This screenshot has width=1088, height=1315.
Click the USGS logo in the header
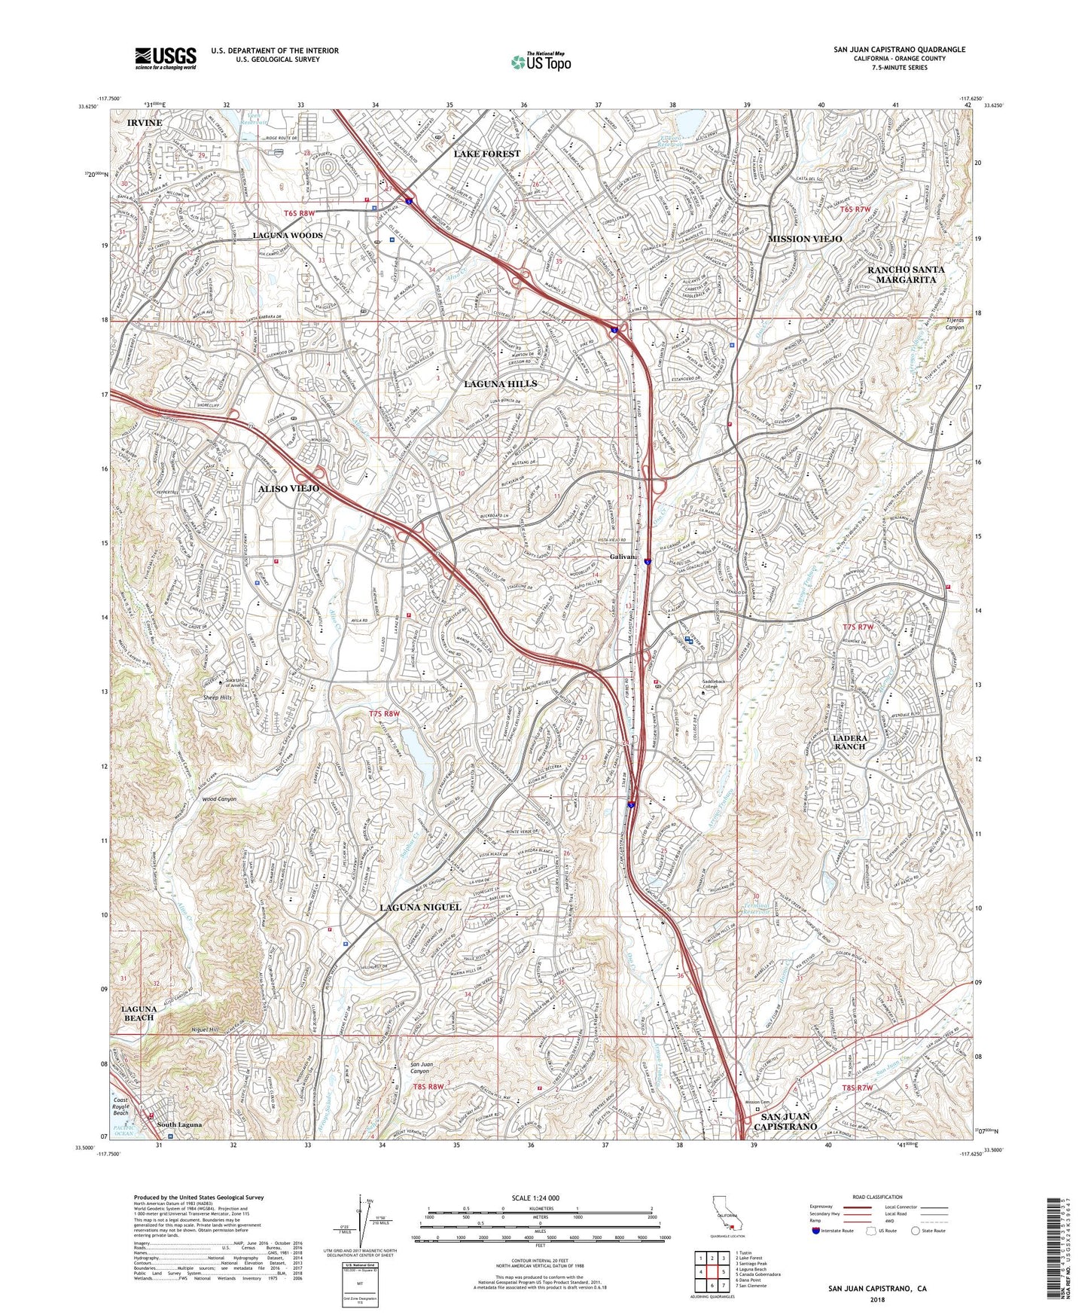click(x=165, y=58)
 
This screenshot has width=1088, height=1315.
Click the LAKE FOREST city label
click(x=486, y=154)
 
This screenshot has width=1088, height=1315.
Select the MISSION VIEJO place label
click(x=804, y=239)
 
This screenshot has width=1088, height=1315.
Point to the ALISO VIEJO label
click(x=289, y=489)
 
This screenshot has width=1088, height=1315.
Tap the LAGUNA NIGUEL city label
click(x=419, y=908)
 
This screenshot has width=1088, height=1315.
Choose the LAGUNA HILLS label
click(x=500, y=384)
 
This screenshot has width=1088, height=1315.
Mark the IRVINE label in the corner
click(x=144, y=122)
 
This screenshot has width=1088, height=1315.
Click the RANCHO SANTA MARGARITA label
click(x=906, y=274)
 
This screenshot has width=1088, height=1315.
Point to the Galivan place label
click(x=623, y=557)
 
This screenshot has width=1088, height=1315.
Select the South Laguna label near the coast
click(x=179, y=1125)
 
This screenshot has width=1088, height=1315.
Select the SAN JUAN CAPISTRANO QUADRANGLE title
click(x=899, y=50)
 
